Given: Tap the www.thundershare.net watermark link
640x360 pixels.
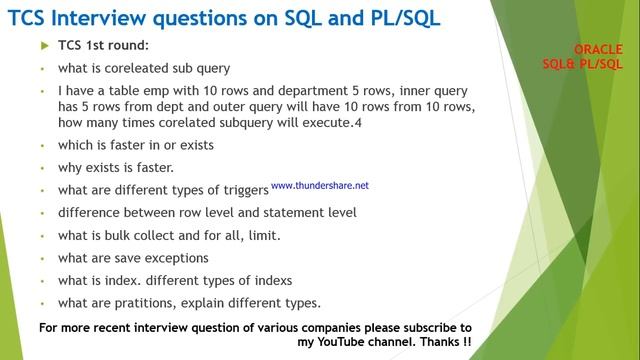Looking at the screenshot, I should (319, 185).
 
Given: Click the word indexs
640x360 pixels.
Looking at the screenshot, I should (293, 280).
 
